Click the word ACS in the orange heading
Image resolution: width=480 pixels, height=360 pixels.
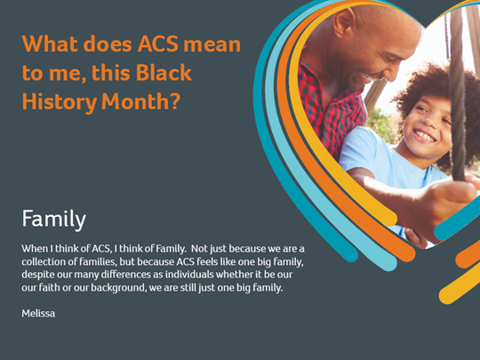(158, 44)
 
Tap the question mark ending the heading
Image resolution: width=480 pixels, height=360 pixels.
(175, 101)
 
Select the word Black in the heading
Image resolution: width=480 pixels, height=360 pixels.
(164, 73)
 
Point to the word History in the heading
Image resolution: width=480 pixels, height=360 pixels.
(60, 102)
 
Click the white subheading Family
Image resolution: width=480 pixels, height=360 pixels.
(54, 220)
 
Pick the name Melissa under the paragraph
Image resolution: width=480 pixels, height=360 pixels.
(38, 314)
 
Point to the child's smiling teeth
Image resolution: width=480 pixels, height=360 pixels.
(424, 135)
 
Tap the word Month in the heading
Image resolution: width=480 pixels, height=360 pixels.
(135, 101)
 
